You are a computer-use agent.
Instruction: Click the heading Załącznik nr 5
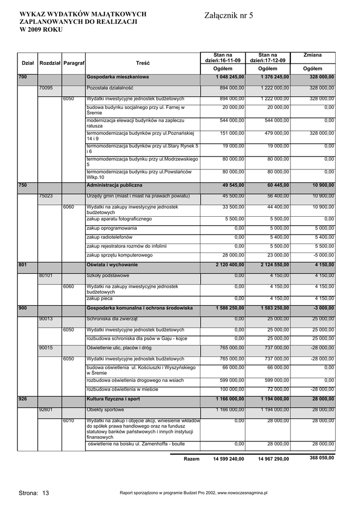(229, 16)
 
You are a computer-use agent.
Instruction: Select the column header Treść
(143, 63)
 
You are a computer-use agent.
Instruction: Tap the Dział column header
(28, 63)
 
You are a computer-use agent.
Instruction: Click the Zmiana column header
(312, 55)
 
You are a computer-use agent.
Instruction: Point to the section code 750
(22, 185)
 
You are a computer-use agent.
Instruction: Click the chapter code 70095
(46, 88)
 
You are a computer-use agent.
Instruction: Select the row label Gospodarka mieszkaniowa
(117, 77)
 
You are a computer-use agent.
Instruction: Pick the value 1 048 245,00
(230, 77)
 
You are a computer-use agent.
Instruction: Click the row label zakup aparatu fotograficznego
(119, 219)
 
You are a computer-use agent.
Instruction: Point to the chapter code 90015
(46, 348)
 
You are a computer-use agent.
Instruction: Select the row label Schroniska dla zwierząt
(112, 319)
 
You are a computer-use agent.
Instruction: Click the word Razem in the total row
(191, 459)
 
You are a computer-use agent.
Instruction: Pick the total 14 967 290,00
(273, 459)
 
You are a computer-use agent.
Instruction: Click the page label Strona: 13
(34, 493)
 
